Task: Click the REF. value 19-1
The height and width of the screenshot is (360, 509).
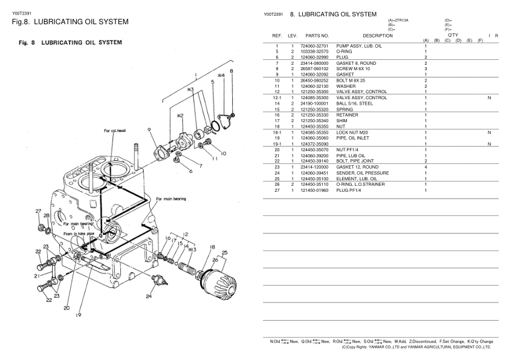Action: tap(276, 143)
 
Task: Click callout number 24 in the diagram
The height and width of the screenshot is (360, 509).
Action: tap(148, 296)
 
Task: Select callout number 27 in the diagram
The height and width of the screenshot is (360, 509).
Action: tap(38, 211)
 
